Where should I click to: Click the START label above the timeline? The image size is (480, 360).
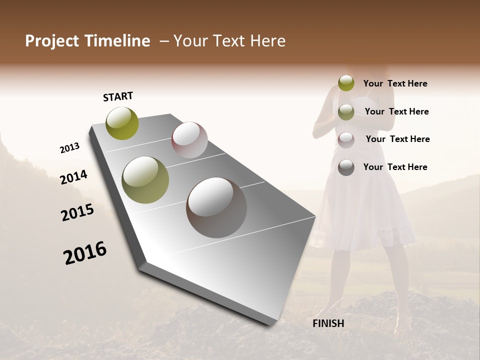(118, 96)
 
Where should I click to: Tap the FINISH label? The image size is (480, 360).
(328, 323)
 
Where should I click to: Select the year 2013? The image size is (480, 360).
(69, 148)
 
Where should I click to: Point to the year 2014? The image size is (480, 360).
(73, 177)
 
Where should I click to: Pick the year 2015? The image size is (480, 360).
(77, 212)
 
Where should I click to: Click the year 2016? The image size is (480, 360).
(85, 252)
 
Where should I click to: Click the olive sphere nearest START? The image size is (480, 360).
(122, 123)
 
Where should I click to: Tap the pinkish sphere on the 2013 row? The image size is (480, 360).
(189, 140)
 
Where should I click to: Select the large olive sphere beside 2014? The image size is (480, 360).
(145, 180)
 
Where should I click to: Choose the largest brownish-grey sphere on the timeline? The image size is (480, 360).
(216, 207)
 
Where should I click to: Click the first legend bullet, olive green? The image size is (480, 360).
(346, 83)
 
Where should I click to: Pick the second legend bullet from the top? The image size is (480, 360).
(346, 112)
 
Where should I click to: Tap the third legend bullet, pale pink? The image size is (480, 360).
(346, 140)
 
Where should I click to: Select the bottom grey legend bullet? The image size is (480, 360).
(346, 167)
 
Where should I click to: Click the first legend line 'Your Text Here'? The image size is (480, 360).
(395, 83)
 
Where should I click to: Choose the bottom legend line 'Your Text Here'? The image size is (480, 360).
(395, 167)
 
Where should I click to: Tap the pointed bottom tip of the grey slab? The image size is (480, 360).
(272, 324)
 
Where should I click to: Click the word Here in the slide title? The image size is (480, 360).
(266, 41)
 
